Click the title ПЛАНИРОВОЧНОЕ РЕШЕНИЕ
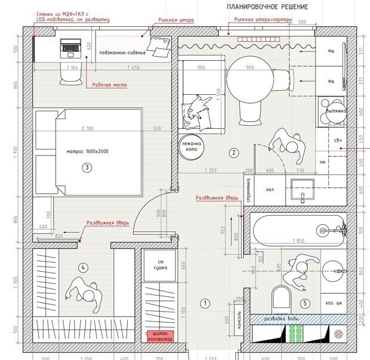point(267,7)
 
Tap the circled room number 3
point(87,167)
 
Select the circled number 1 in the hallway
point(205,303)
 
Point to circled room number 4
point(84,268)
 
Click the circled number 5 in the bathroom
point(306,303)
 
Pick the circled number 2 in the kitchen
point(234,153)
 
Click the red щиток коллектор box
point(160,336)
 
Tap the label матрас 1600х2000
point(88,152)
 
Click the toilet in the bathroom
point(280,299)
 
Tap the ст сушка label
point(160,265)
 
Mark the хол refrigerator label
point(269,190)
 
